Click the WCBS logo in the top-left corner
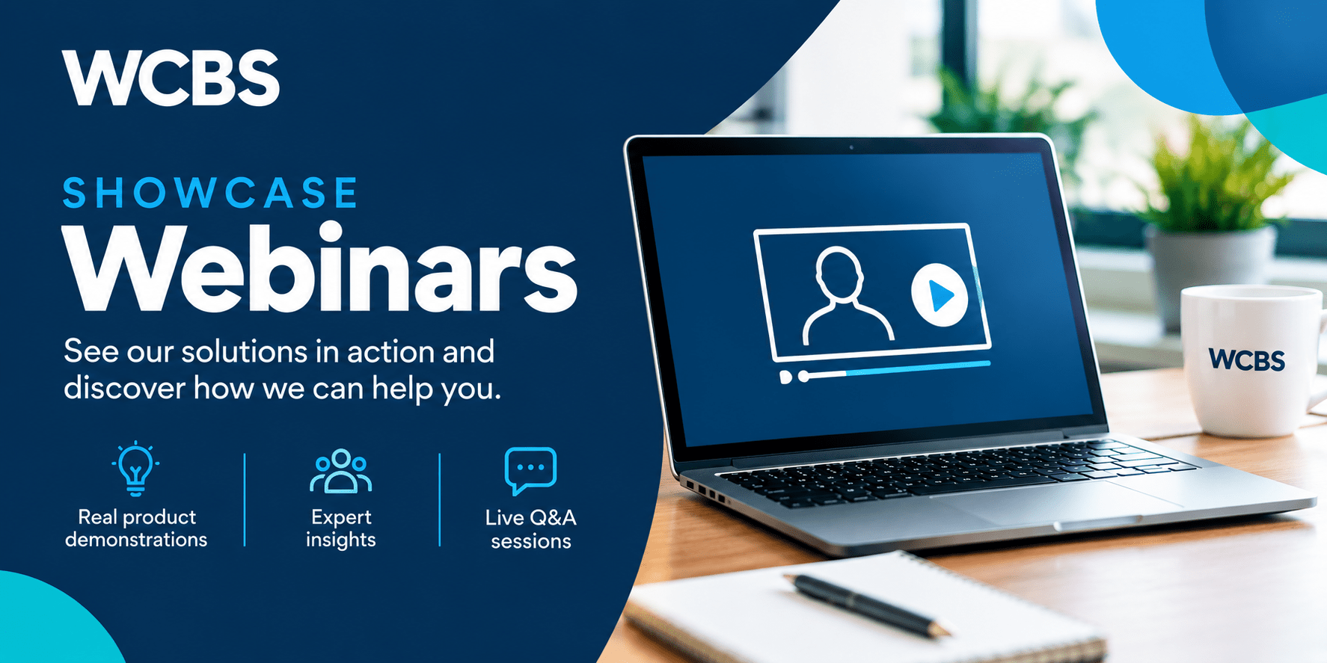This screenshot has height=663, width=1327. coord(171,78)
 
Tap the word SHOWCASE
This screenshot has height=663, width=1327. coord(210,193)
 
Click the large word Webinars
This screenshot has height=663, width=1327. coord(320,268)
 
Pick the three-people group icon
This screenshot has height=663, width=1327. coord(341,471)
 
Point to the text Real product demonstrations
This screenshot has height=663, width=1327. coord(136,528)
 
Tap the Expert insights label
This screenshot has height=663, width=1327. coord(341,528)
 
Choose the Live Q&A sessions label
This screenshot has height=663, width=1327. coord(531,528)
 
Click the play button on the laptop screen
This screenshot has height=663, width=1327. coord(940,295)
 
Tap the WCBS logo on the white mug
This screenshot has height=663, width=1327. coord(1247,360)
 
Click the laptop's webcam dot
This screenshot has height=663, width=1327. coord(851,147)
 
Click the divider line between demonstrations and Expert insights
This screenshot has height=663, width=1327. coord(245,499)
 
